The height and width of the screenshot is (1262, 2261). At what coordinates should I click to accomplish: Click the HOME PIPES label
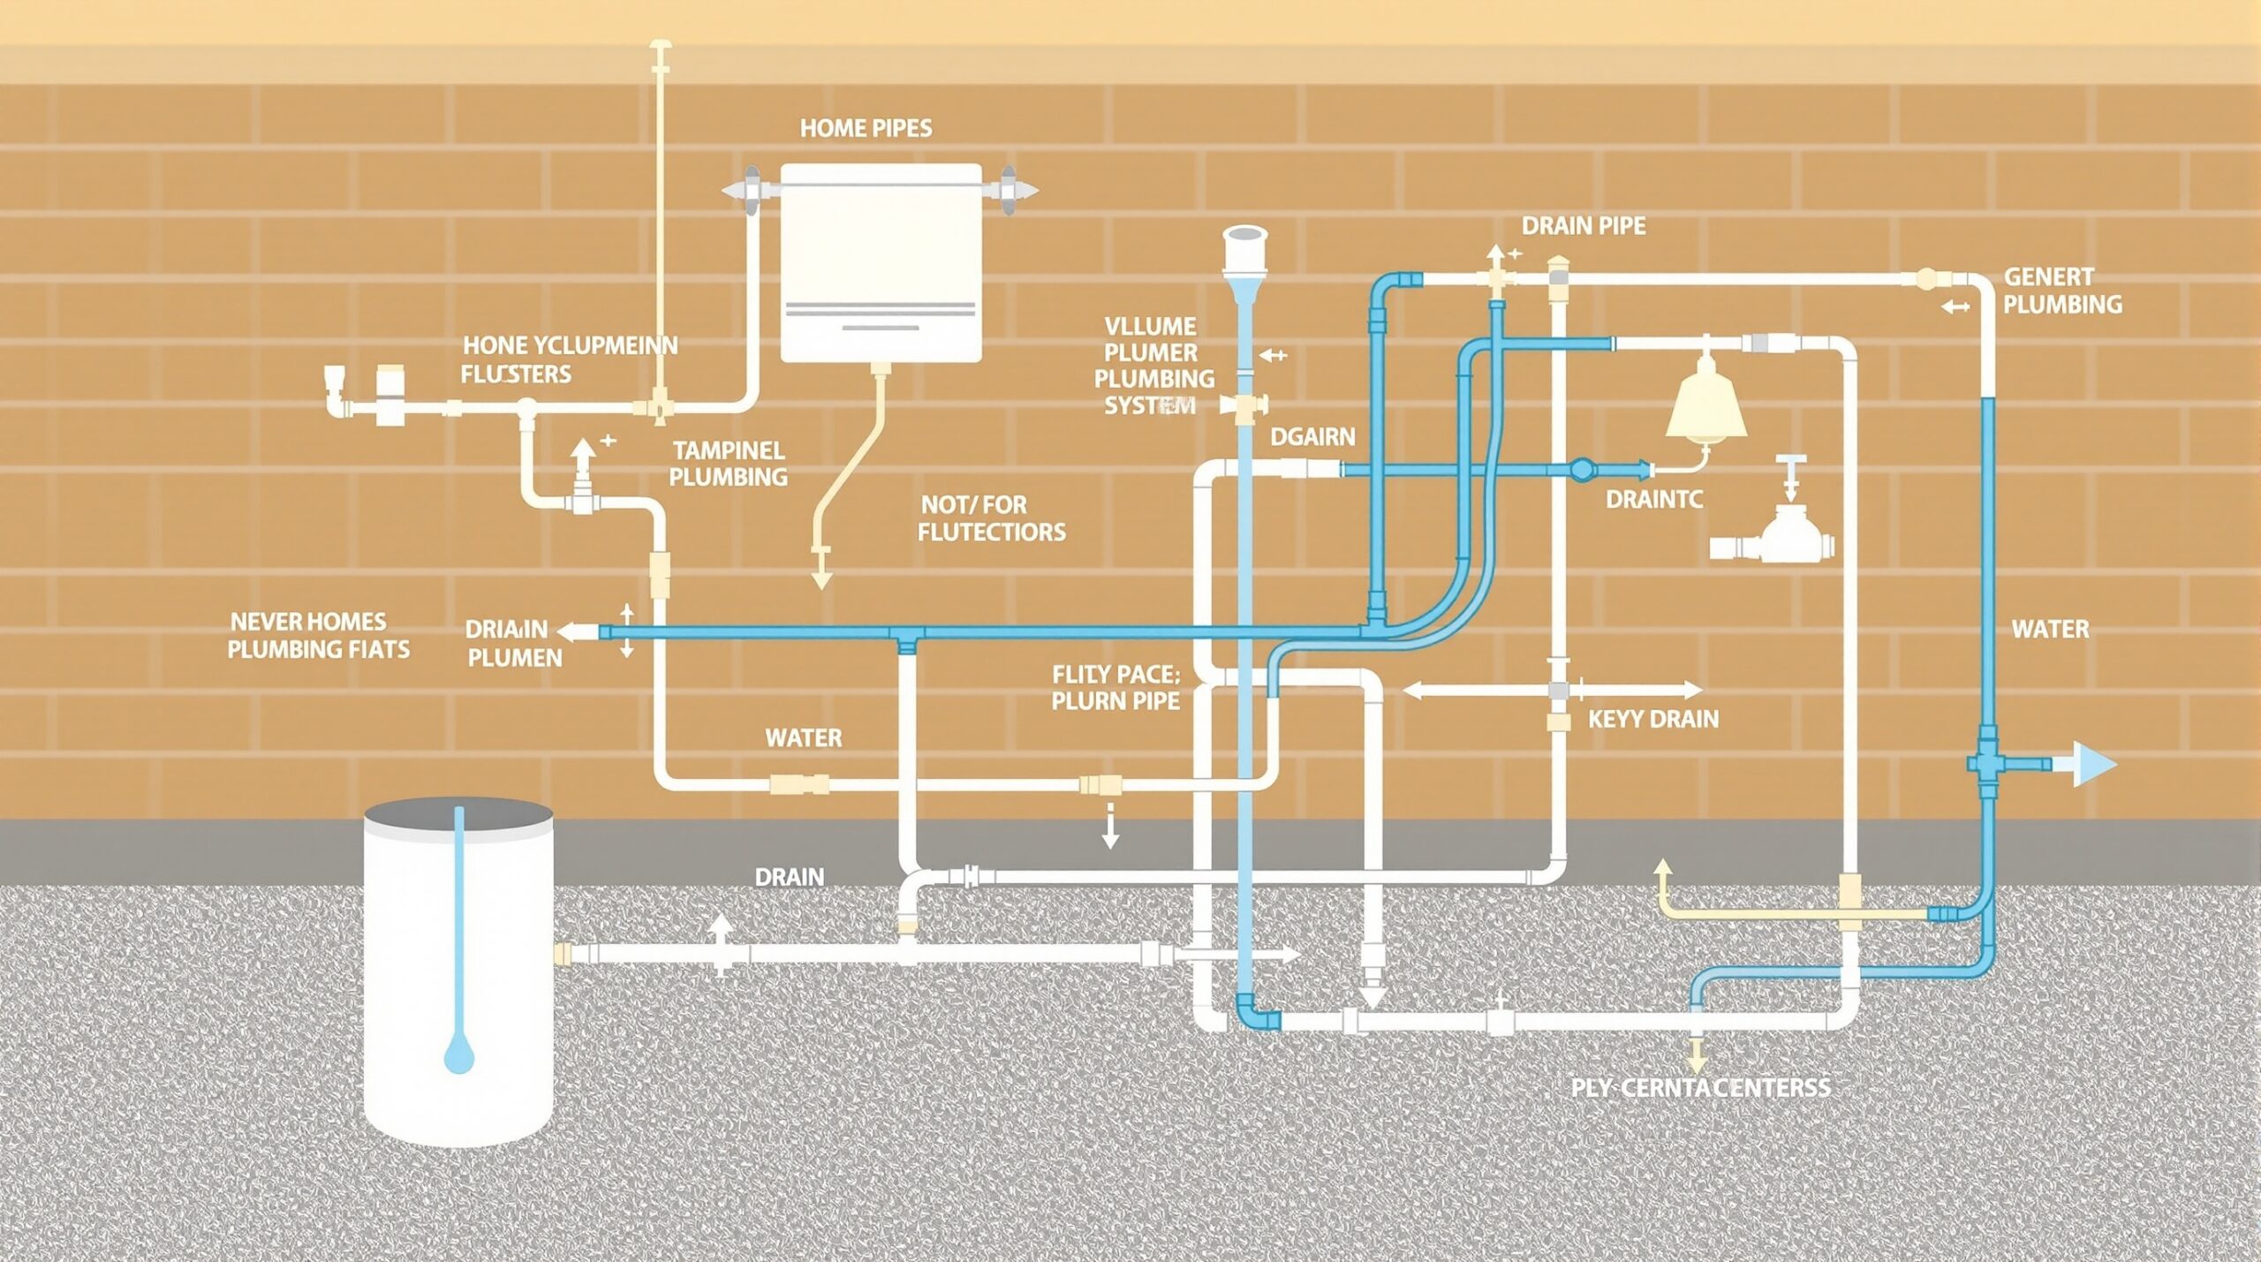[866, 129]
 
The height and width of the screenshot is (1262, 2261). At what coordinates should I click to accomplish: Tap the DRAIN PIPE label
[1583, 226]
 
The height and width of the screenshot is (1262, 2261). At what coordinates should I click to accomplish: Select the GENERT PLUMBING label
[2061, 291]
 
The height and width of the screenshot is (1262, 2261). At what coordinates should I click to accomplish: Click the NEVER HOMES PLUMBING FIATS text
[318, 635]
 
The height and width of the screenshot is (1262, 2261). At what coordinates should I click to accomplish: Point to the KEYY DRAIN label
[1652, 719]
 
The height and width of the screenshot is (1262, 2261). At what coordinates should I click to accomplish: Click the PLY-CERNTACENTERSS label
[1700, 1087]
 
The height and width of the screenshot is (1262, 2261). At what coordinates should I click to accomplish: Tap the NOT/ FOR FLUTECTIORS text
[991, 518]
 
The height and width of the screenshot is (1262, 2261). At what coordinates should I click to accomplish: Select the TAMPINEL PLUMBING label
[728, 464]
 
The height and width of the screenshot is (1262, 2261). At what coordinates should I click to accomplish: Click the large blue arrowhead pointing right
[2091, 764]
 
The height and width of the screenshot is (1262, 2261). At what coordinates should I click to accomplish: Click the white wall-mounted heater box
[881, 263]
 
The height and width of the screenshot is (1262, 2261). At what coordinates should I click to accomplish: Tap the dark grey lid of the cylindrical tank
[458, 817]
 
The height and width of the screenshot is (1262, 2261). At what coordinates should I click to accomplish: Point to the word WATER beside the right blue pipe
[2050, 630]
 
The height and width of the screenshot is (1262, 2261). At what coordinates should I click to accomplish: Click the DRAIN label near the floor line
[789, 877]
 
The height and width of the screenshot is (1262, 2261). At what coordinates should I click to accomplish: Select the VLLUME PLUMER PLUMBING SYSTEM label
[1153, 366]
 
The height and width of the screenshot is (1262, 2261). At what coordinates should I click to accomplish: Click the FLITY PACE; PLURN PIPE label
[1115, 688]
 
